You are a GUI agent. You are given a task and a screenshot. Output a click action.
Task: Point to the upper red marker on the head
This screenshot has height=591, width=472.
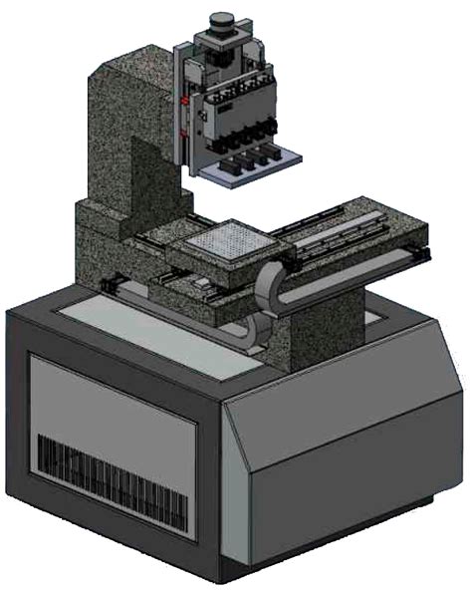click(185, 100)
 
